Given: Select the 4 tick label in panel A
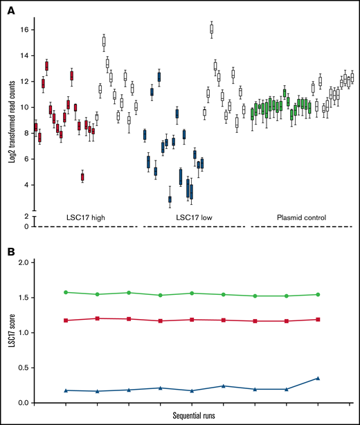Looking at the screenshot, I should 24,185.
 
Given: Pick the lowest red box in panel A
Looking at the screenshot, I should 82,177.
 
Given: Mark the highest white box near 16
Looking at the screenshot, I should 211,28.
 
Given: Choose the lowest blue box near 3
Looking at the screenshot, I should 170,200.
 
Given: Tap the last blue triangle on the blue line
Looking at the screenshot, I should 318,378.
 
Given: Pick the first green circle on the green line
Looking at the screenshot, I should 66,292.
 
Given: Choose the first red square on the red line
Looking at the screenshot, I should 66,320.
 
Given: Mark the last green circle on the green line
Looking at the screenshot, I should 318,294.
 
